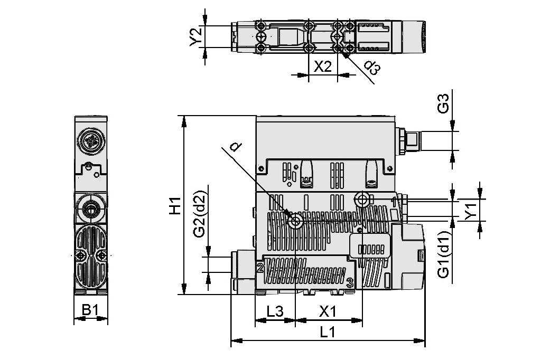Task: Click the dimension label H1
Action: (x=174, y=205)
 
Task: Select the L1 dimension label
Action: (x=328, y=332)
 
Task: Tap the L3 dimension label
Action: (x=275, y=311)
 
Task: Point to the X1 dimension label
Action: (x=328, y=311)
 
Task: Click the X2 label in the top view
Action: (x=322, y=67)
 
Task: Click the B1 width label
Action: (x=90, y=310)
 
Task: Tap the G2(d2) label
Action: (x=199, y=221)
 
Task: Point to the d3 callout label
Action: (x=372, y=67)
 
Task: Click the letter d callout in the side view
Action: (x=236, y=147)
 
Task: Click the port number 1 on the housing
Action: (x=394, y=201)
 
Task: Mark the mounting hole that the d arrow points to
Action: (x=295, y=222)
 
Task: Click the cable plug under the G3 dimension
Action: (x=411, y=141)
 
